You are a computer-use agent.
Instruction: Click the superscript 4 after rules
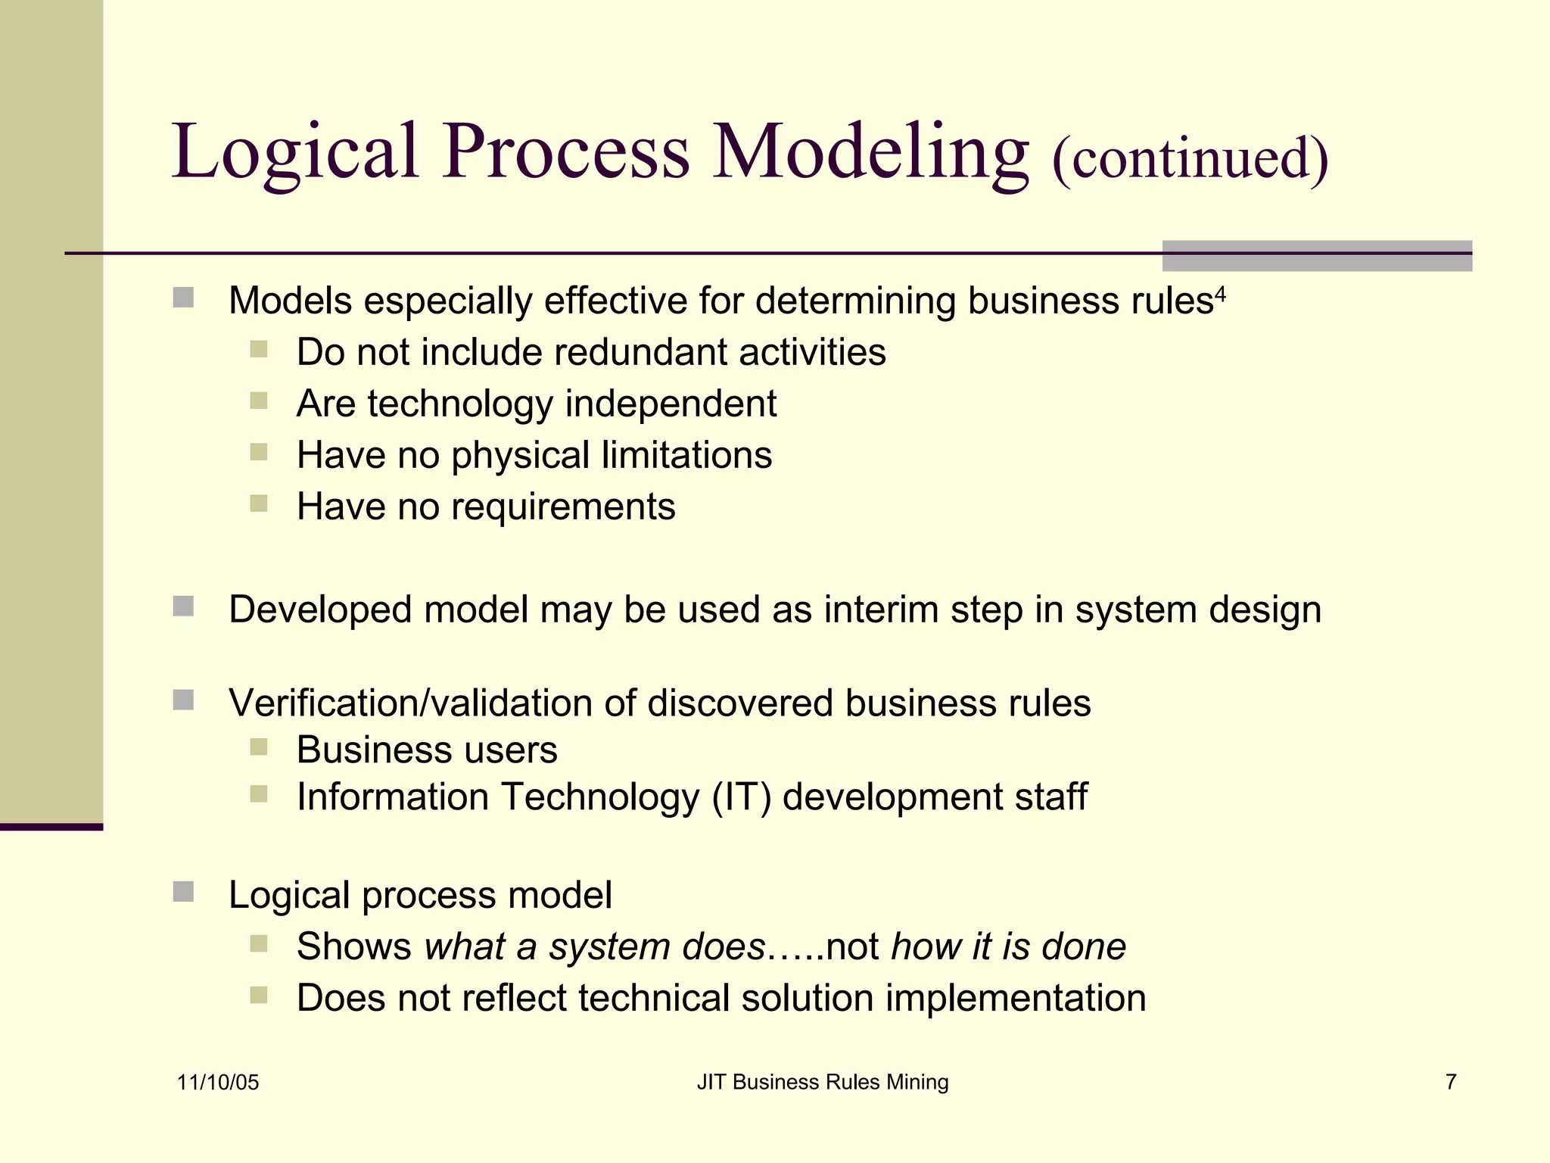tap(1220, 293)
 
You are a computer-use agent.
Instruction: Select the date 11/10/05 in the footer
tap(218, 1082)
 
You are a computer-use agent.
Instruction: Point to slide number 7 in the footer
tap(1450, 1082)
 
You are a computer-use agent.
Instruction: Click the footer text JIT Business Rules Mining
tap(822, 1082)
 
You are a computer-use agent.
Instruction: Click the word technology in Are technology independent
tap(460, 404)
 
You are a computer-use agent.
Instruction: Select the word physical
tap(520, 456)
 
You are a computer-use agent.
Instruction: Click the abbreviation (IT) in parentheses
tap(741, 797)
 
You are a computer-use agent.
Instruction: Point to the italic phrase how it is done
tap(1008, 946)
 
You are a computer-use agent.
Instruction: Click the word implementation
tap(1015, 998)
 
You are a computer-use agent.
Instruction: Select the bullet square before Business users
tap(259, 748)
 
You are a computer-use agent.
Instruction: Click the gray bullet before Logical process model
tap(183, 892)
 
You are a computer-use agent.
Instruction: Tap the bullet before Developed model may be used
tap(183, 606)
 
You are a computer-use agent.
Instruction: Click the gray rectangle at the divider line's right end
tap(1316, 256)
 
